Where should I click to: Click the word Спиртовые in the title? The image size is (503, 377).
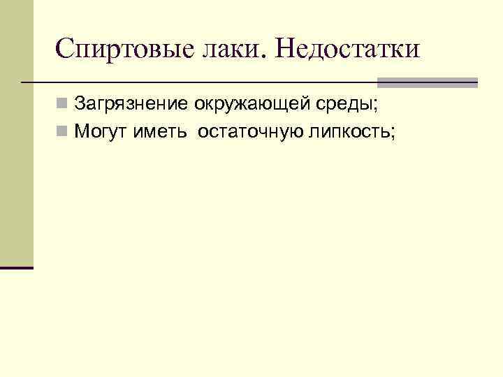(119, 49)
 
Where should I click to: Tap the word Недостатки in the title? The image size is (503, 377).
(348, 49)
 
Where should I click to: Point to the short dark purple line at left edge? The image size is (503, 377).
(17, 267)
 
